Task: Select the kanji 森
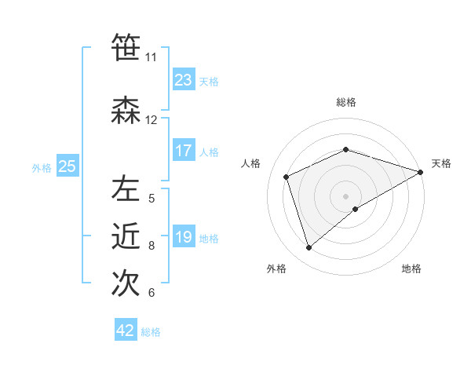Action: (126, 111)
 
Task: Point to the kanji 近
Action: (126, 236)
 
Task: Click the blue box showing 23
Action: (183, 80)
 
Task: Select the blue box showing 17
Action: (183, 151)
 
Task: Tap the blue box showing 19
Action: (183, 237)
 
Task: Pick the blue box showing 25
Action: (67, 166)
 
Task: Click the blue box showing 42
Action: (126, 331)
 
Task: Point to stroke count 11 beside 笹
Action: (151, 57)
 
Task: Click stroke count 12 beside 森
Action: (151, 120)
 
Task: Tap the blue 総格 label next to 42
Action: (151, 332)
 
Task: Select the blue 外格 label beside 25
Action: (42, 167)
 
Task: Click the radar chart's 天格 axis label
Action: (441, 163)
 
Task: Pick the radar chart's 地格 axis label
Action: (411, 269)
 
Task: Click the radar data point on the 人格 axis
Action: (287, 177)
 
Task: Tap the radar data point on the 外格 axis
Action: (309, 247)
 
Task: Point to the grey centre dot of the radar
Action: (345, 195)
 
